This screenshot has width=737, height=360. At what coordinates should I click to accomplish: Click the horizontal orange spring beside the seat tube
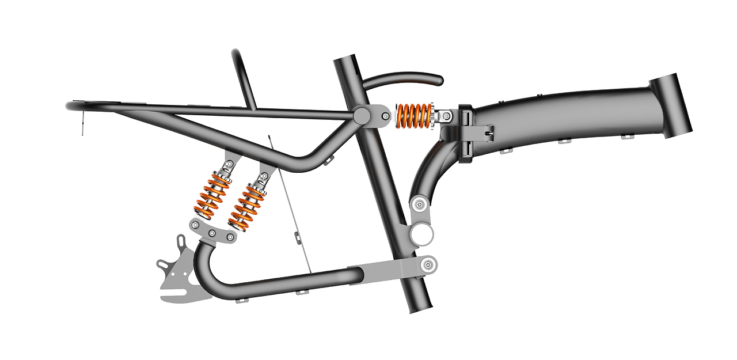pyautogui.click(x=413, y=116)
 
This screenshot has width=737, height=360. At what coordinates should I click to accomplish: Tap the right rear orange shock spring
pyautogui.click(x=246, y=205)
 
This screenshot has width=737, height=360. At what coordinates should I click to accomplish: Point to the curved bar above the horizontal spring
pyautogui.click(x=403, y=79)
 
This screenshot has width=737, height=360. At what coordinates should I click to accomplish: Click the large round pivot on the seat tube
pyautogui.click(x=362, y=115)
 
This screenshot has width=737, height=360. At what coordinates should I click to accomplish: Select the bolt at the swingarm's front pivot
pyautogui.click(x=428, y=265)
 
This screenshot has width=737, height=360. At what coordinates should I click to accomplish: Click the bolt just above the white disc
pyautogui.click(x=419, y=203)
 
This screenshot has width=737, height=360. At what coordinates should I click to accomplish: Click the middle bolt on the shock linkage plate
pyautogui.click(x=212, y=233)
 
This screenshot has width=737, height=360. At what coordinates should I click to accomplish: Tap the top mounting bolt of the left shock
pyautogui.click(x=229, y=164)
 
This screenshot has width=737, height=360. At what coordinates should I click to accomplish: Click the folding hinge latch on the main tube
pyautogui.click(x=468, y=132)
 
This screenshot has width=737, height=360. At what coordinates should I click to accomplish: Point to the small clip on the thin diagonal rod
pyautogui.click(x=297, y=236)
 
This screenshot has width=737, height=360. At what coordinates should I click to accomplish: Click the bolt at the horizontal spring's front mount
pyautogui.click(x=445, y=117)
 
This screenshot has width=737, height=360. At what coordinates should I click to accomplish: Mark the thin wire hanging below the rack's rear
pyautogui.click(x=82, y=124)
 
